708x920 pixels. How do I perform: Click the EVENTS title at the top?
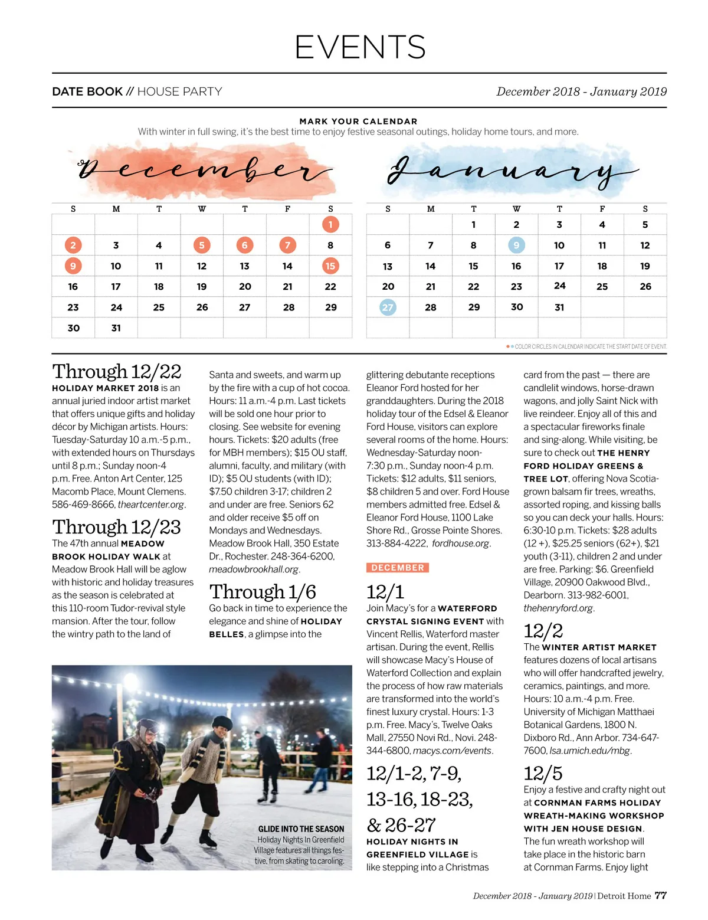tap(360, 47)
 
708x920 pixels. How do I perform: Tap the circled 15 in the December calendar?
tap(330, 266)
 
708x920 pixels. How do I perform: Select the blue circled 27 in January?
tap(388, 307)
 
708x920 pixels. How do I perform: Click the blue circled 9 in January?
tap(516, 245)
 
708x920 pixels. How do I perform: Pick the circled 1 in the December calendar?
tap(330, 225)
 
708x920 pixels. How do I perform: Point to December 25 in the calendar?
tap(159, 307)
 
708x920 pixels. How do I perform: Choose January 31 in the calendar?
tap(559, 307)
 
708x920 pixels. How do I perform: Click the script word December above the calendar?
tap(204, 171)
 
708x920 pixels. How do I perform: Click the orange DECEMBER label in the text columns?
tap(398, 568)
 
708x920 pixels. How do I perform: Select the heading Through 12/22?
tap(117, 372)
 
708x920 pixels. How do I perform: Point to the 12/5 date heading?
tap(543, 774)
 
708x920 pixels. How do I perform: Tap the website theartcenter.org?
tap(151, 505)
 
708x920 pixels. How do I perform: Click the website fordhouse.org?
tap(461, 544)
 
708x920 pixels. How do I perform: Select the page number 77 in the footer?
tap(661, 896)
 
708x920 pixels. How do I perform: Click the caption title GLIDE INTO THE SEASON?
tap(301, 829)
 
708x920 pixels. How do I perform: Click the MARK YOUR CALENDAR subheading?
tap(358, 122)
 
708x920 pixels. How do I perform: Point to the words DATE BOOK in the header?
tap(87, 91)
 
